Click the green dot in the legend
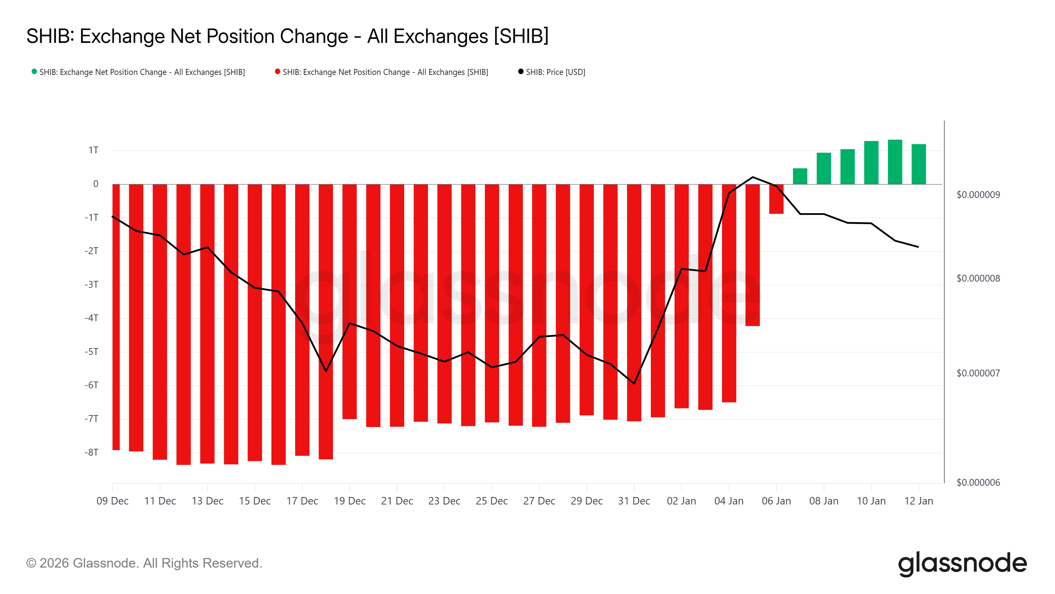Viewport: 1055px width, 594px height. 34,72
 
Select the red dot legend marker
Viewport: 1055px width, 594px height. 278,72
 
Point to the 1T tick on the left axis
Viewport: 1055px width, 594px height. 93,150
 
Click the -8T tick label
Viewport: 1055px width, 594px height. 92,452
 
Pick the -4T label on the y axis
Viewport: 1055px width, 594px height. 92,318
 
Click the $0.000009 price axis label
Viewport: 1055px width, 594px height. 978,195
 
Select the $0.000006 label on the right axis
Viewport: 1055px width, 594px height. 978,482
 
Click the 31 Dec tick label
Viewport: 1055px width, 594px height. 634,501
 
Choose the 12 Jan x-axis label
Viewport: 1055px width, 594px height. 919,501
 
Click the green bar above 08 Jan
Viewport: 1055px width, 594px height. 824,169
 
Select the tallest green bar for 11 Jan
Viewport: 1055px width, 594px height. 895,162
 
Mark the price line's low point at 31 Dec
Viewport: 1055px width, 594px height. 634,383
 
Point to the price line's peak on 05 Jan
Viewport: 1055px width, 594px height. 753,177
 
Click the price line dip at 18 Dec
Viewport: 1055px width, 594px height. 326,371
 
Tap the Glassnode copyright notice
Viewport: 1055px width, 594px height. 144,563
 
